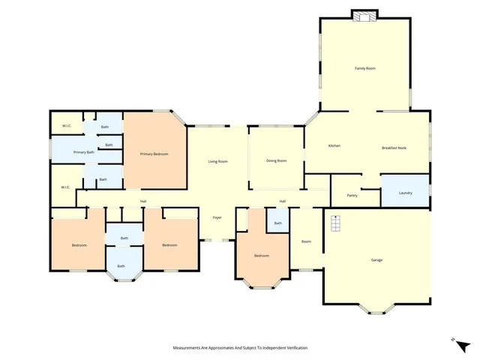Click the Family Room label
364,68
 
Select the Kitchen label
334,145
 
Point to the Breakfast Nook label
393,147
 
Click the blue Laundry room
405,192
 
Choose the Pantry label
352,195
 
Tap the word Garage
376,259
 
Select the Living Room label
217,161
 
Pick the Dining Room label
277,160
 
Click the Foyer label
217,217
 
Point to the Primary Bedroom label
154,154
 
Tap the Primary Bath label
83,152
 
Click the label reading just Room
306,241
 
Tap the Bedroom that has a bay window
261,256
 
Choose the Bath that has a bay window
121,265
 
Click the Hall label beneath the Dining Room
283,201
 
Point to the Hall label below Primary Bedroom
142,201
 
